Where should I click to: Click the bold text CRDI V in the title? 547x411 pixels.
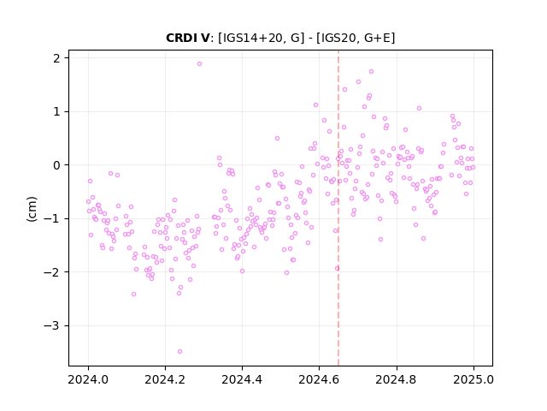click(187, 38)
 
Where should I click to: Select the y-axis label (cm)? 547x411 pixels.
click(32, 209)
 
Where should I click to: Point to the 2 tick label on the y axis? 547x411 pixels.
click(56, 58)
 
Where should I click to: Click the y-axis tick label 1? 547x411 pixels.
click(56, 111)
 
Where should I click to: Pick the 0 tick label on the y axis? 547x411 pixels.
click(56, 165)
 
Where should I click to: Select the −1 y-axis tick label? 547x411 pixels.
click(51, 219)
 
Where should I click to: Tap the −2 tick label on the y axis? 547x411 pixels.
click(51, 272)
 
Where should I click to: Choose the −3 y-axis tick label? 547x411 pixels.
click(51, 325)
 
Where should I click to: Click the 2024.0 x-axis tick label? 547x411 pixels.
click(88, 379)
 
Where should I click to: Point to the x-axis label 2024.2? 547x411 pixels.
click(165, 379)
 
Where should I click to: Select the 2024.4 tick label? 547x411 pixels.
click(242, 379)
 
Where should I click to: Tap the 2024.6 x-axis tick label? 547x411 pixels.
click(319, 379)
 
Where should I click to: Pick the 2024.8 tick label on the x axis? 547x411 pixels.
click(397, 379)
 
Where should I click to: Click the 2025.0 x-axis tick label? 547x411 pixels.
click(473, 379)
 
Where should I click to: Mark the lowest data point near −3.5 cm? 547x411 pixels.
click(179, 351)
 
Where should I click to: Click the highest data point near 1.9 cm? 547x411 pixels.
click(199, 63)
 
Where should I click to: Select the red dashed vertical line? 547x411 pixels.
click(338, 208)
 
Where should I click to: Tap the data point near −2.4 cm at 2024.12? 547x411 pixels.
click(133, 294)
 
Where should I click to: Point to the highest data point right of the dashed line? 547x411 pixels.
click(371, 71)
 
